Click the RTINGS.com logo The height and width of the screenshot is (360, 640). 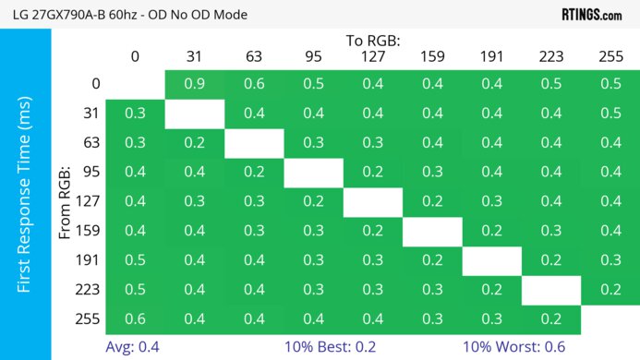[591, 15]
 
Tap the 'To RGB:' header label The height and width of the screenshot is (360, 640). [373, 41]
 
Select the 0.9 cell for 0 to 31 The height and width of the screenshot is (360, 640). [194, 85]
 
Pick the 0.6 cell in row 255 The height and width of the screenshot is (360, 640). [135, 318]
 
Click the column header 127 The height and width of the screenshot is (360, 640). [373, 56]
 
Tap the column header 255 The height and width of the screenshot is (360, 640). [610, 56]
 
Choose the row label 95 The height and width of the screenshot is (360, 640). [90, 173]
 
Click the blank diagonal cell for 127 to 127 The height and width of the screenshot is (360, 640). [373, 201]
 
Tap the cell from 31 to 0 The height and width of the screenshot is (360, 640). [135, 114]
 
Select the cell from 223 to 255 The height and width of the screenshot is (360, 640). [610, 289]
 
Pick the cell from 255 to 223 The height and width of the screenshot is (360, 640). [551, 318]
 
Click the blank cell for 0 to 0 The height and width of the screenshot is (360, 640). [135, 85]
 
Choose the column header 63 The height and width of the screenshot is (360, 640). [254, 56]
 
